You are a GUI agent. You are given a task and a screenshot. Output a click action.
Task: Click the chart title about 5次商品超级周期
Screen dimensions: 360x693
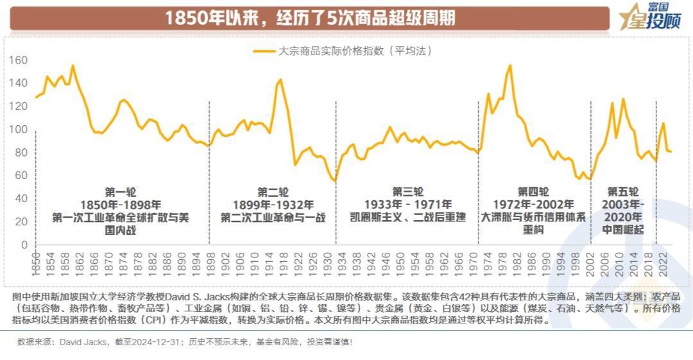310,17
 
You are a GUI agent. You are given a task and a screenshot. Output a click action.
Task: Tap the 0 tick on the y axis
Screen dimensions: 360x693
24,245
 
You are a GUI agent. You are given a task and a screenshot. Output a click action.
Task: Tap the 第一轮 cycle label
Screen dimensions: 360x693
120,191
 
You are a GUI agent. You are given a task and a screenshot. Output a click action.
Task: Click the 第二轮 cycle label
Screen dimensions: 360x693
273,191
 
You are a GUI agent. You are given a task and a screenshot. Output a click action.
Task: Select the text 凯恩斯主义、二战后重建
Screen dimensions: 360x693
407,217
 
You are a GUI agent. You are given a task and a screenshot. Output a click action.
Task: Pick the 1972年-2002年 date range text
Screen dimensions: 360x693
534,204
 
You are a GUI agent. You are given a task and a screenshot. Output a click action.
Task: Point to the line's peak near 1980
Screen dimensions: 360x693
510,65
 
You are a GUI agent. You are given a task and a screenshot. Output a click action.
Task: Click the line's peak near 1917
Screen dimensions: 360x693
280,80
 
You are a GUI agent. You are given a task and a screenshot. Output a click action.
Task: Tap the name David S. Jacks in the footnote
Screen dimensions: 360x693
191,297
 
